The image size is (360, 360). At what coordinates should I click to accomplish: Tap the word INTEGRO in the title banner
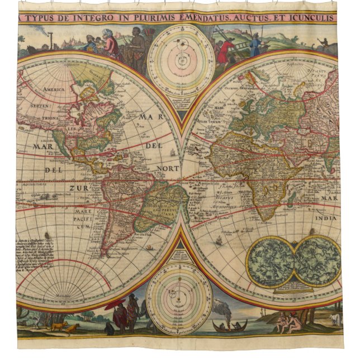102,18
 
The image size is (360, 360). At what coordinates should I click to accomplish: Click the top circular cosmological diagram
180,59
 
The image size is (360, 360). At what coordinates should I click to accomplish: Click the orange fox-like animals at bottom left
64,327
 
